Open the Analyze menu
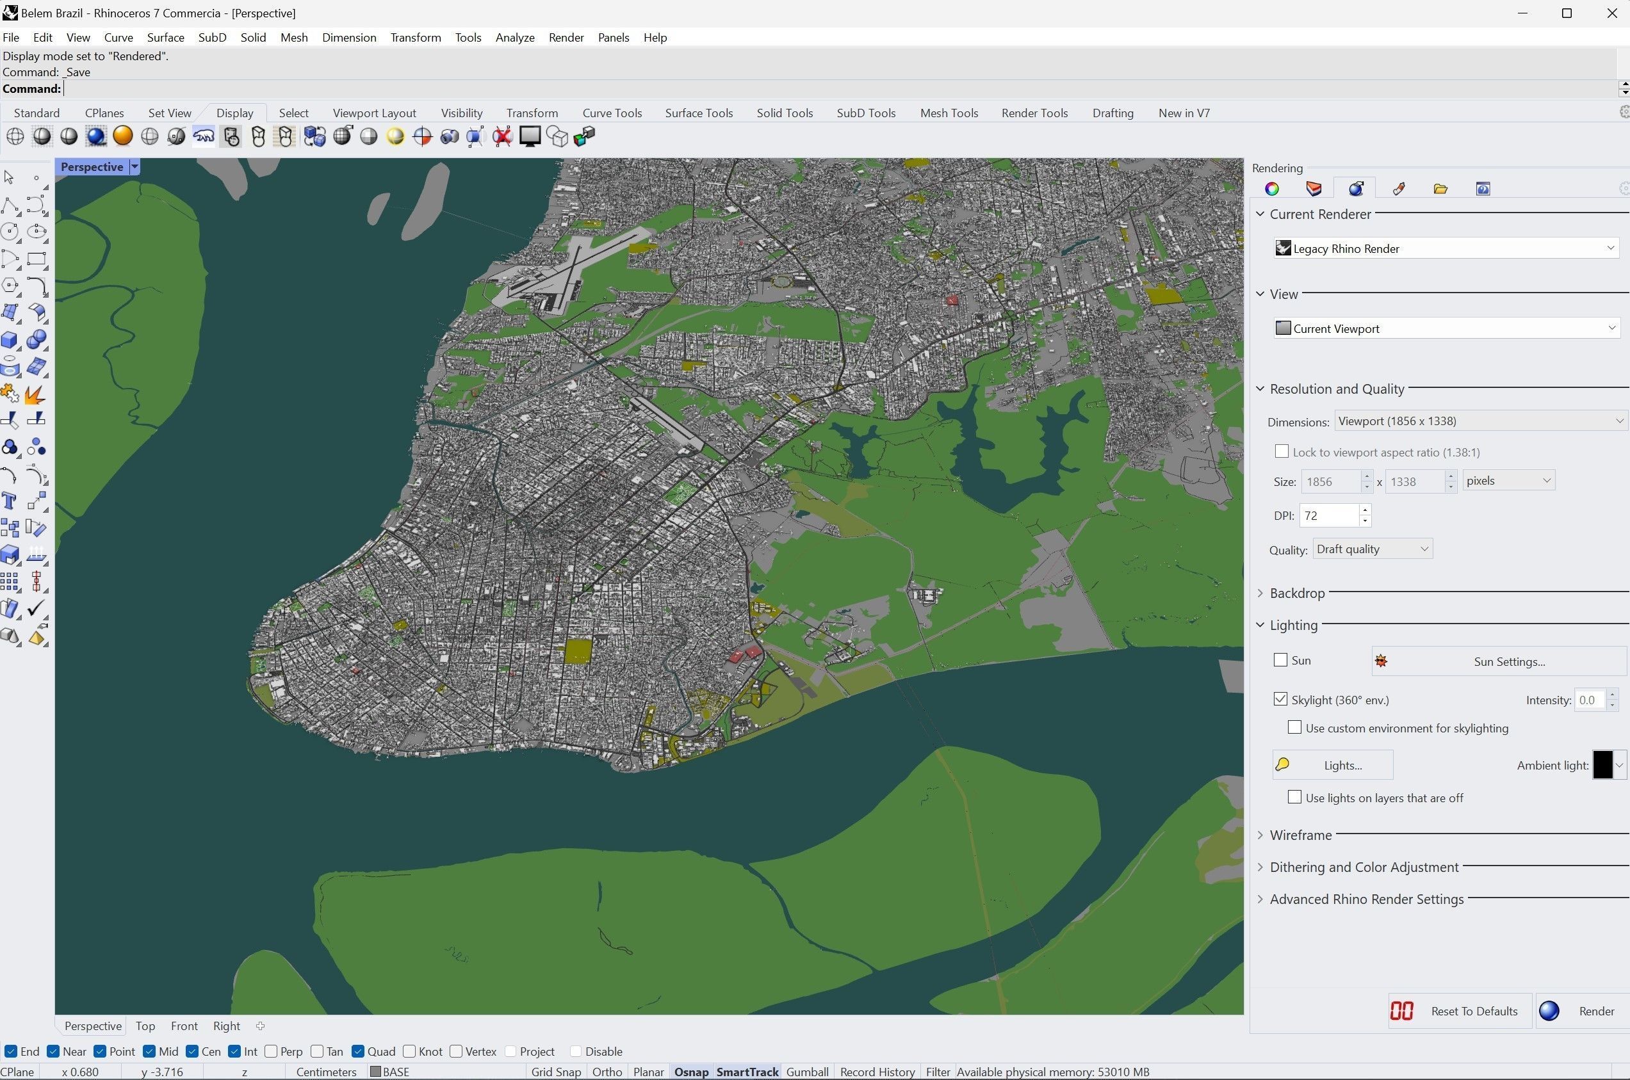coord(515,38)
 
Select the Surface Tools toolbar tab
coord(699,113)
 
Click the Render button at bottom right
coord(1581,1011)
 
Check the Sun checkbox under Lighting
coord(1281,660)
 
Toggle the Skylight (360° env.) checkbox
coord(1281,699)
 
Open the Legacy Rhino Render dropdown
coord(1447,248)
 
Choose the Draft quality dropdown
coord(1373,549)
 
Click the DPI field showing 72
coord(1329,516)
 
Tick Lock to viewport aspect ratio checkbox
coord(1282,452)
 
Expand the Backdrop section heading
coord(1296,593)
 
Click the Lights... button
coord(1332,765)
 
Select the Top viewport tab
coord(145,1026)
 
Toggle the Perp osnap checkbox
coord(272,1052)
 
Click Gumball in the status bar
coord(807,1072)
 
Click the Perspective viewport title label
coord(92,166)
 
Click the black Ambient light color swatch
coord(1602,765)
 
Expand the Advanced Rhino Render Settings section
coord(1366,899)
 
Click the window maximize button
coord(1567,13)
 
